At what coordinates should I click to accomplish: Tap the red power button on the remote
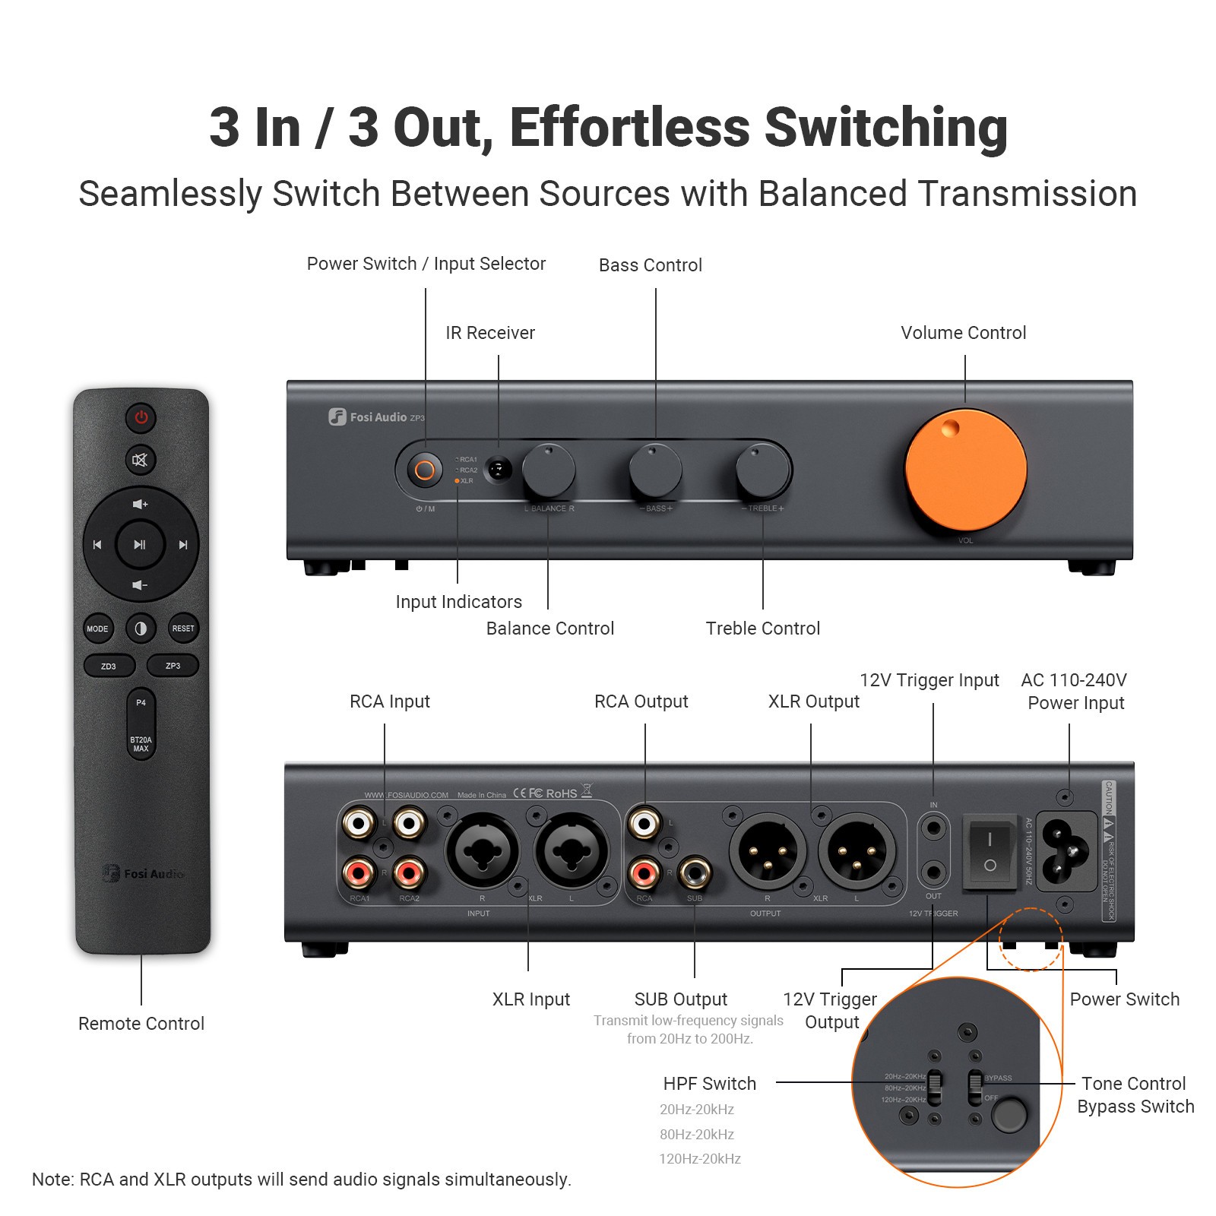(141, 417)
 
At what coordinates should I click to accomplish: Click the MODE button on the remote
(97, 629)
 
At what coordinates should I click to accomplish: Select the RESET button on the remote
(183, 629)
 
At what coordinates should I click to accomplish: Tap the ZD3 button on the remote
(109, 666)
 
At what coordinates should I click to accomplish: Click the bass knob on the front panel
(655, 470)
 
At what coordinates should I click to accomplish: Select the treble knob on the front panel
(762, 470)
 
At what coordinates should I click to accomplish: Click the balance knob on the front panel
(548, 470)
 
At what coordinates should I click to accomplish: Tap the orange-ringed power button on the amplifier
(425, 470)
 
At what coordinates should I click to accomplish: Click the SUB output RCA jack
(695, 873)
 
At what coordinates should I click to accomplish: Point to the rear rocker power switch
(990, 851)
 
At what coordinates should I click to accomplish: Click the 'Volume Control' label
(963, 333)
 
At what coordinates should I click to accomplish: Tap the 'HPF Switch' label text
(709, 1084)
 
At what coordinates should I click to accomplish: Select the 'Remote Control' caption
(141, 1024)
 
